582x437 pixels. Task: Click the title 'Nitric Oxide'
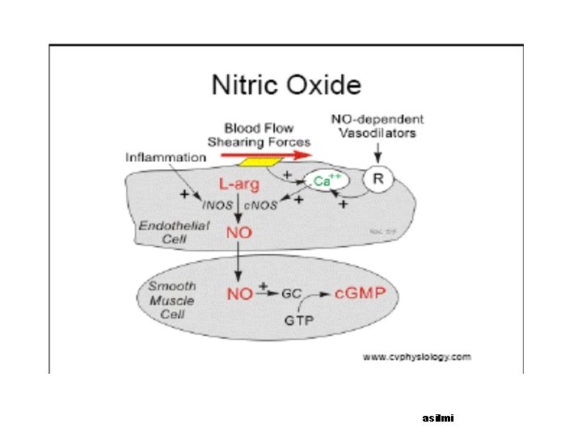pyautogui.click(x=286, y=84)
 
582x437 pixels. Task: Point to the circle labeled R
pyautogui.click(x=377, y=180)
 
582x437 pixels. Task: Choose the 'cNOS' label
pyautogui.click(x=260, y=205)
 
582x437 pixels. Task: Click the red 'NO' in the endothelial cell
pyautogui.click(x=239, y=233)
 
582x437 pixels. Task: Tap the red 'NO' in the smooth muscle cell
pyautogui.click(x=239, y=293)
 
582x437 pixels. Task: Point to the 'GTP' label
pyautogui.click(x=297, y=320)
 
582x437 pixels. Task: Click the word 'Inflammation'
pyautogui.click(x=164, y=156)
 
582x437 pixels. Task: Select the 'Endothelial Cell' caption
pyautogui.click(x=163, y=231)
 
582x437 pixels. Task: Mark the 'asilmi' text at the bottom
pyautogui.click(x=439, y=418)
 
